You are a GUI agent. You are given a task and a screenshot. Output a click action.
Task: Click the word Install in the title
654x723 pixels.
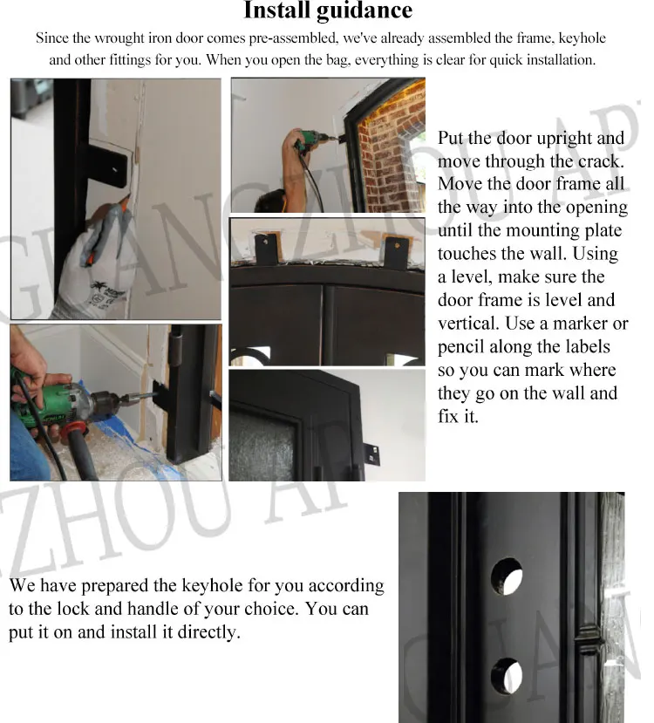pyautogui.click(x=277, y=11)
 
